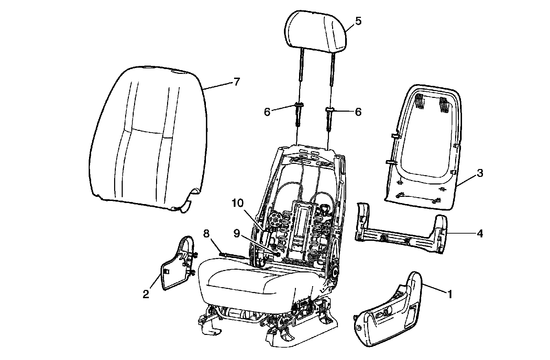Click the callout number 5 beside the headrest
[x=358, y=21]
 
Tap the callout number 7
[x=236, y=82]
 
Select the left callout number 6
[x=267, y=112]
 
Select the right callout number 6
[x=358, y=112]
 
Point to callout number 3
[x=480, y=173]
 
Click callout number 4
[x=480, y=234]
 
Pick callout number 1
[x=450, y=294]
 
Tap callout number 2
[x=146, y=294]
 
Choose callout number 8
[x=206, y=234]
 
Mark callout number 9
[x=236, y=234]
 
